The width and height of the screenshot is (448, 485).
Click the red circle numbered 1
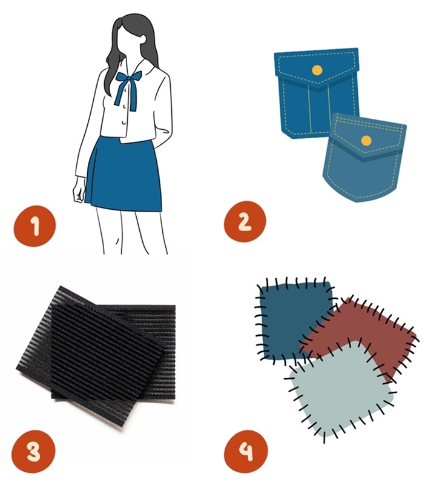pos(35,226)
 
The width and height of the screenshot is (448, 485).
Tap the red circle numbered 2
pos(245,221)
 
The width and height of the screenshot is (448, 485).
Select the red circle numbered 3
pos(34,451)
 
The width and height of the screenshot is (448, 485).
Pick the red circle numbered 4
pos(246,452)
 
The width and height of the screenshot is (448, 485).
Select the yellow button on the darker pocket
pos(317,70)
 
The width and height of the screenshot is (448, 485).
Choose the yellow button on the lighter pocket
pos(366,141)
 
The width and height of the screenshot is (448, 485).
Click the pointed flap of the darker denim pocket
pos(317,67)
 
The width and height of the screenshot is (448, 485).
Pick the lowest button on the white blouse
pos(124,124)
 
